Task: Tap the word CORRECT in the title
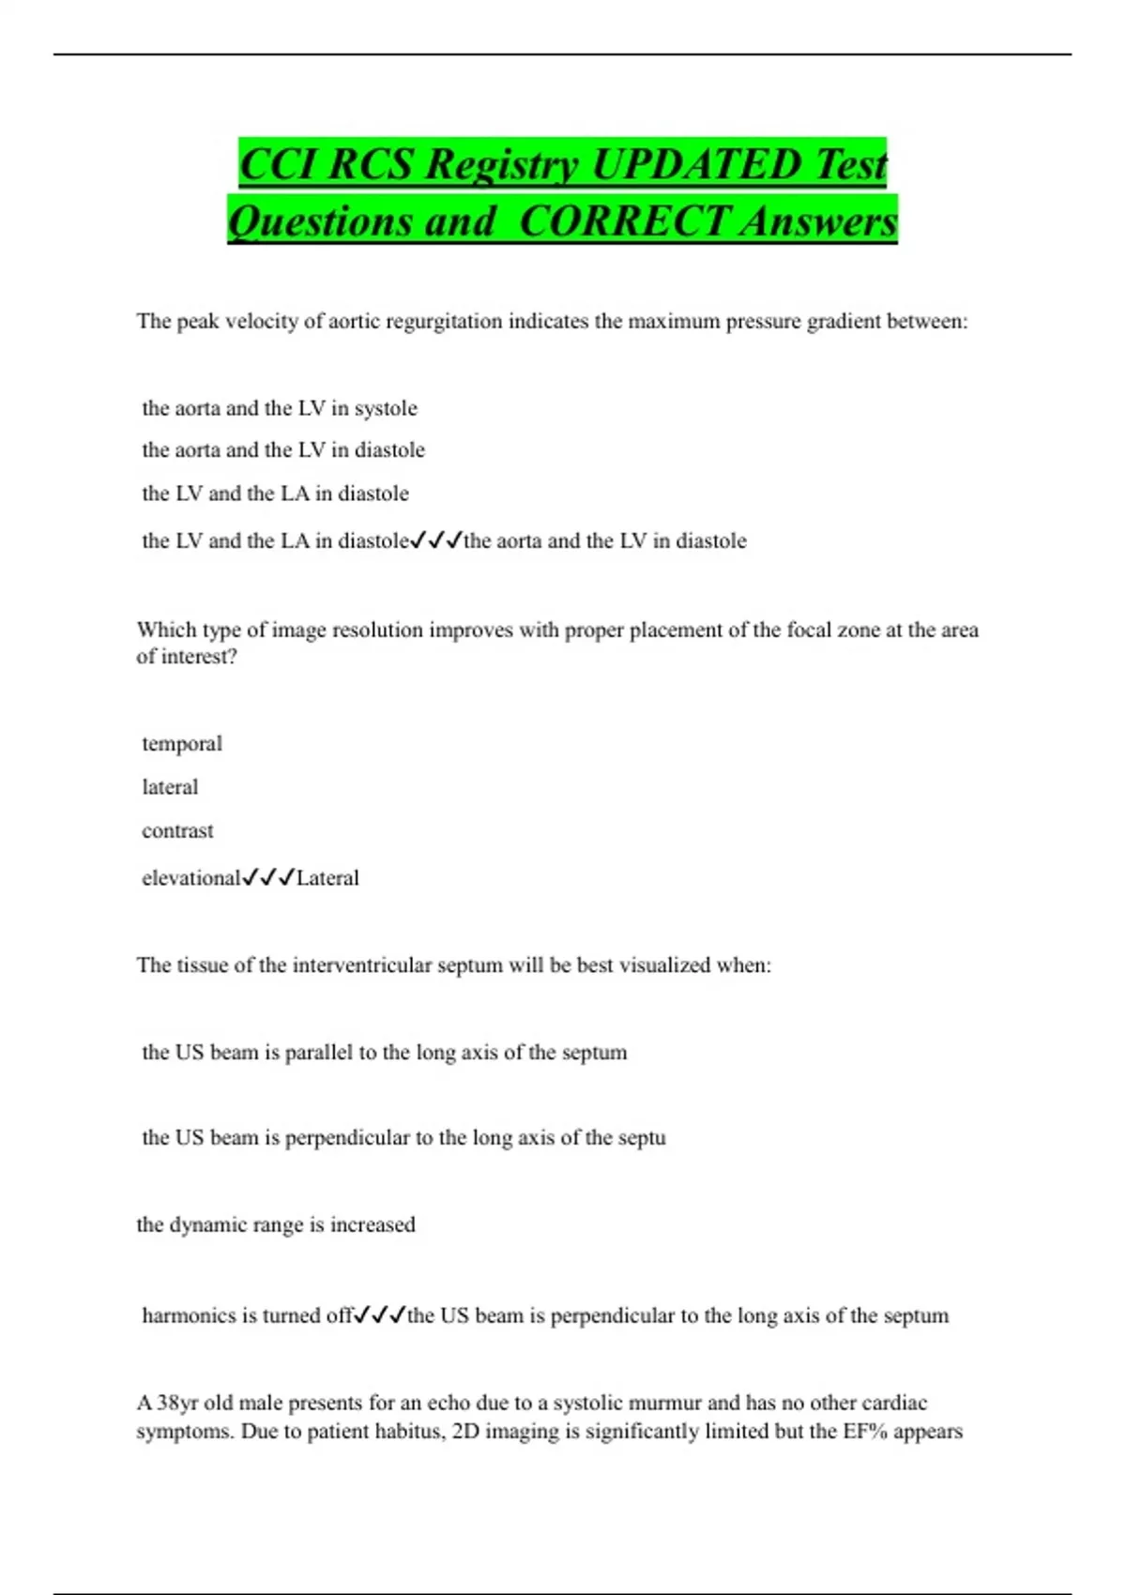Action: pyautogui.click(x=623, y=221)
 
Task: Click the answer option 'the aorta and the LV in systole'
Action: pyautogui.click(x=280, y=408)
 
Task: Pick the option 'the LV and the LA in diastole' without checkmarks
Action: pyautogui.click(x=275, y=494)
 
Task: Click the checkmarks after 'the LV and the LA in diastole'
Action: pyautogui.click(x=436, y=540)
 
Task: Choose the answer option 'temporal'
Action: pyautogui.click(x=182, y=744)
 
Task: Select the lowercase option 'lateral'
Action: pyautogui.click(x=170, y=787)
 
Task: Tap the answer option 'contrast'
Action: pyautogui.click(x=177, y=831)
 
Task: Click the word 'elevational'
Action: pyautogui.click(x=190, y=878)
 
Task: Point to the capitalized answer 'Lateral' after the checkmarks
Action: pyautogui.click(x=327, y=878)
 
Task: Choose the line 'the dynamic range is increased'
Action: pyautogui.click(x=276, y=1225)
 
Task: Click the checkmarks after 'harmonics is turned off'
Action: pyautogui.click(x=380, y=1315)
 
